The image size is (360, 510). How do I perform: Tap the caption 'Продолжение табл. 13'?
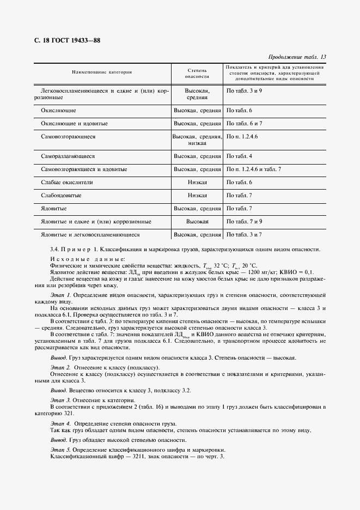298,57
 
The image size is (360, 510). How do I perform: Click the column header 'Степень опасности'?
197,73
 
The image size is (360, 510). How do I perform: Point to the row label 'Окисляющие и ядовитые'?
74,124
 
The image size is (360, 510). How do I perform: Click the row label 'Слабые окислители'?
67,182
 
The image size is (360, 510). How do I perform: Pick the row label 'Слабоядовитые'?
62,195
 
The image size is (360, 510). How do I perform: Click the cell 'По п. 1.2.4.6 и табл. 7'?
253,169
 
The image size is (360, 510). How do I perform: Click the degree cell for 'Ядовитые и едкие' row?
197,222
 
